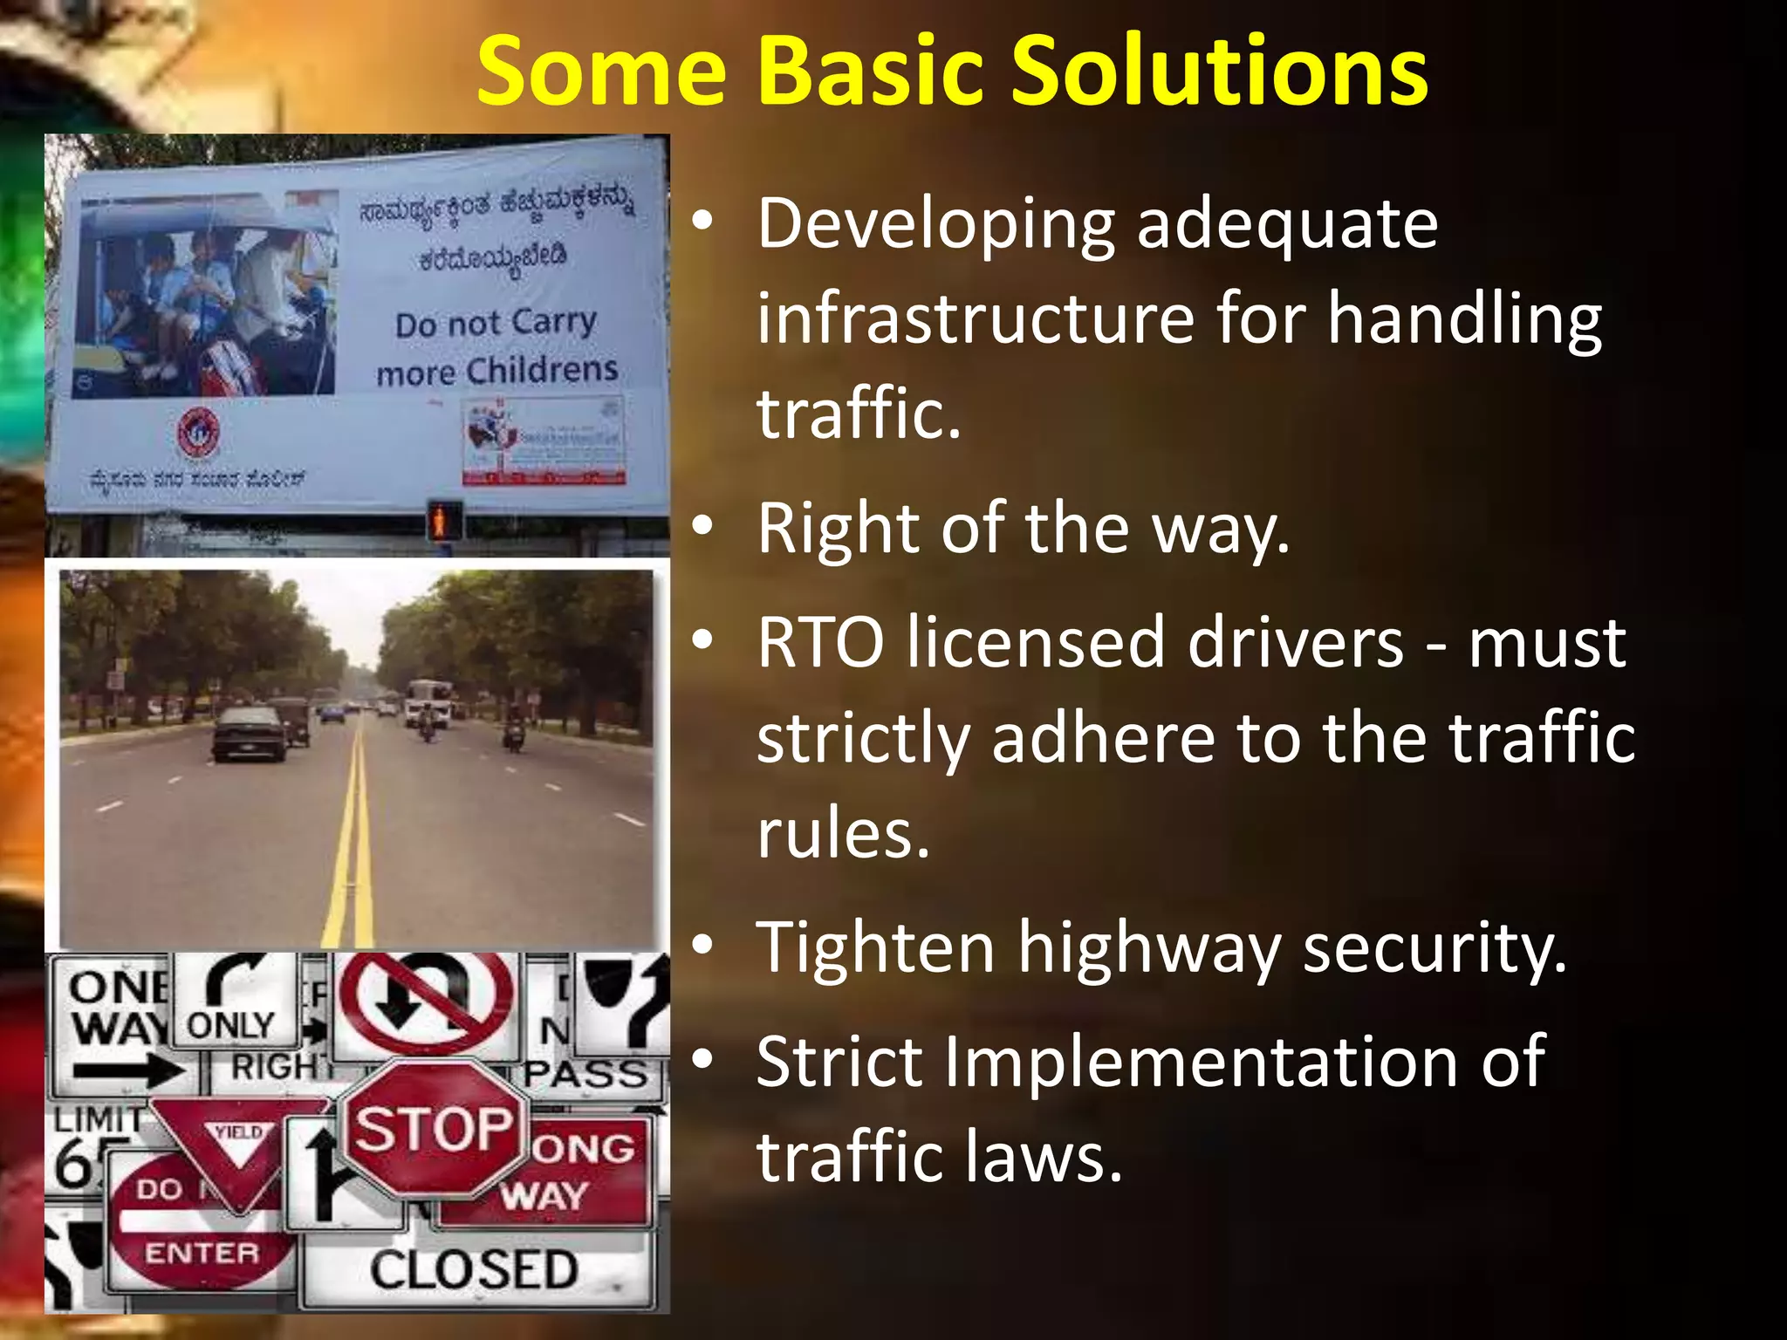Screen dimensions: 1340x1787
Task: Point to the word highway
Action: tap(1148, 949)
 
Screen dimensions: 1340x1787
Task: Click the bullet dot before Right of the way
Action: tap(703, 527)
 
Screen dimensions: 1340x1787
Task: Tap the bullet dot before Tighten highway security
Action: tap(703, 946)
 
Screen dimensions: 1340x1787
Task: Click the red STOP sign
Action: tap(434, 1129)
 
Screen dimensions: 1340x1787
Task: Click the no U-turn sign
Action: tap(426, 1003)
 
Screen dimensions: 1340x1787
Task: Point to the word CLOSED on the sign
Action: tap(474, 1270)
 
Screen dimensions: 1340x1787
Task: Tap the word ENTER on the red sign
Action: tap(202, 1254)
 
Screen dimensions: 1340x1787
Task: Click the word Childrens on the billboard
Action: tap(541, 370)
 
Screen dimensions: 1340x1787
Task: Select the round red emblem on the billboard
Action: tap(199, 433)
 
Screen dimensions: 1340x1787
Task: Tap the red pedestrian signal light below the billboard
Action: tap(443, 522)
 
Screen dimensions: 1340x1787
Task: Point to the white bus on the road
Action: tap(428, 701)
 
